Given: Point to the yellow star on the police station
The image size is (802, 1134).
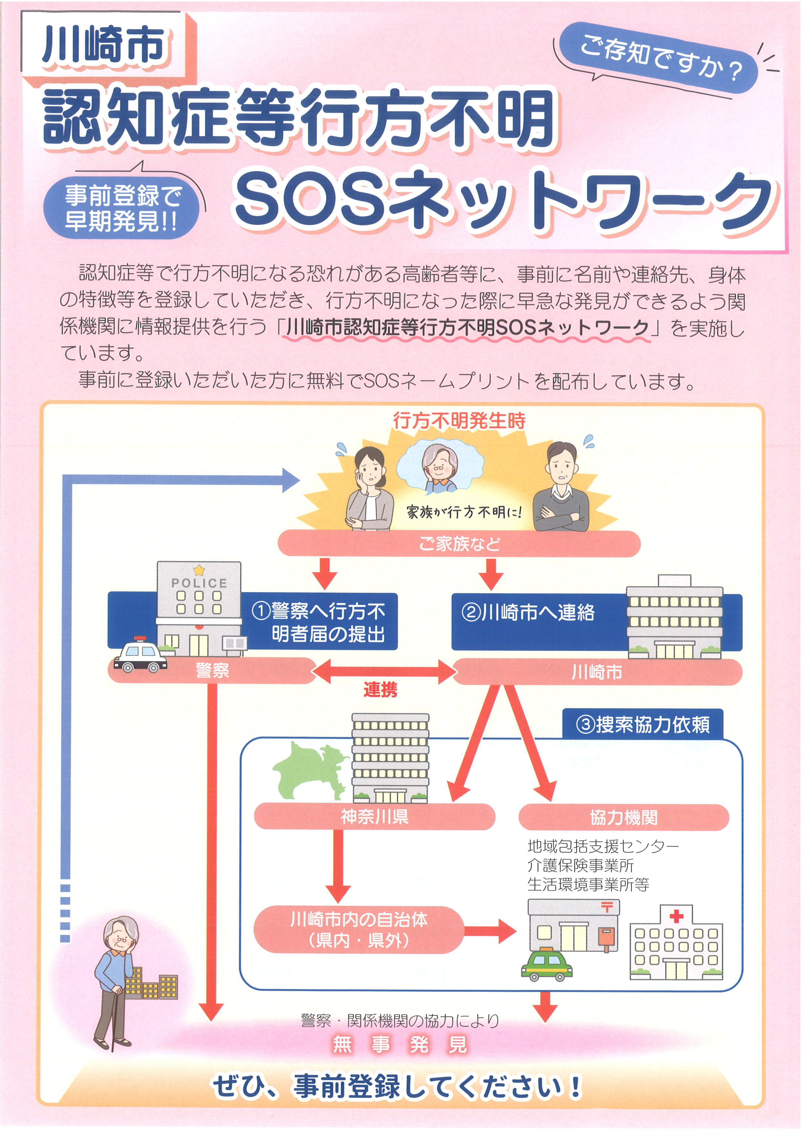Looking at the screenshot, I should pos(199,570).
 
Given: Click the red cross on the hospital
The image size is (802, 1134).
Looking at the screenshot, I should pos(676,917).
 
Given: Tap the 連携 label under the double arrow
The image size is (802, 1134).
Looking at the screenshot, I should pos(380,689).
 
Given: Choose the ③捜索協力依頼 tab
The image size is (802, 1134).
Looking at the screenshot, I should pos(643,725).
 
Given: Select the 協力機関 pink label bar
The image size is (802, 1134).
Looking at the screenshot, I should pos(623,817).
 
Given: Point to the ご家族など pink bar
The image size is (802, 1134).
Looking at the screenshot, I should pos(459,544).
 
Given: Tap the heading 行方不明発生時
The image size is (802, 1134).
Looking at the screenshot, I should pos(459,421).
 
